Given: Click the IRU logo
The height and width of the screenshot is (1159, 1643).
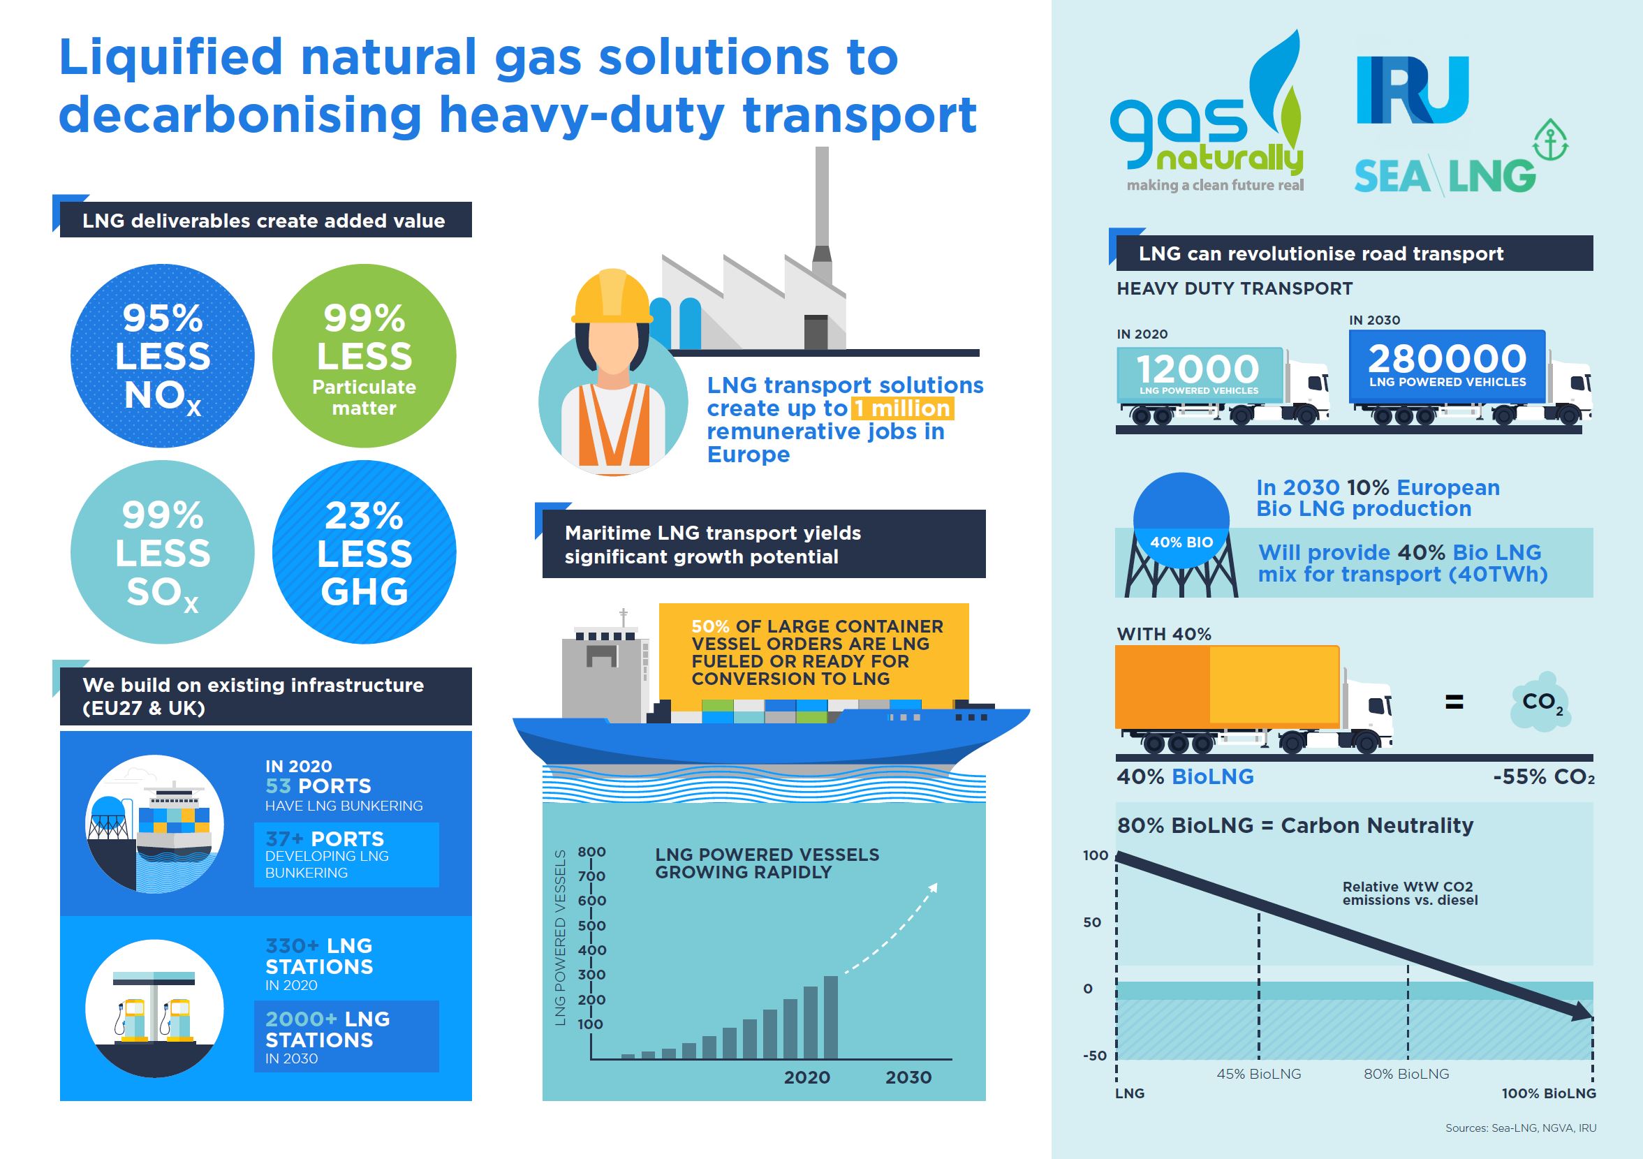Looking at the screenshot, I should tap(1413, 91).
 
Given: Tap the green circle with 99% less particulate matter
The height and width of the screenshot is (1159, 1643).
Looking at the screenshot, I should tap(364, 355).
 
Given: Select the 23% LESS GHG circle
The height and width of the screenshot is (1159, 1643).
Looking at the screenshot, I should tap(364, 552).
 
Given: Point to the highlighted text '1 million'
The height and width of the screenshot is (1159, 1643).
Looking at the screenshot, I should tap(901, 408).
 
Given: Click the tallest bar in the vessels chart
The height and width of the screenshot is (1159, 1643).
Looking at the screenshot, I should tap(831, 1016).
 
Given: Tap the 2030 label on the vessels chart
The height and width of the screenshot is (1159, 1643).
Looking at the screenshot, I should tap(908, 1077).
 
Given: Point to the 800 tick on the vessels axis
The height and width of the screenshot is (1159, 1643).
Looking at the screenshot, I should tap(591, 851).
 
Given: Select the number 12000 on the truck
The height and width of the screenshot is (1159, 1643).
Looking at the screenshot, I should tap(1198, 369).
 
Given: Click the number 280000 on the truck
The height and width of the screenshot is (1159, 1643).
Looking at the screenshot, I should tap(1447, 358).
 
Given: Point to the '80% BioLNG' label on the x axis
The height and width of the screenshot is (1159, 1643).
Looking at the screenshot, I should tap(1406, 1074).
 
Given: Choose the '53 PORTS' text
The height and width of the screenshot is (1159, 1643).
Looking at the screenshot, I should tap(318, 785).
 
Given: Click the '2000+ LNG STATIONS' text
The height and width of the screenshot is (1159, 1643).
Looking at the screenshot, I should tap(327, 1029).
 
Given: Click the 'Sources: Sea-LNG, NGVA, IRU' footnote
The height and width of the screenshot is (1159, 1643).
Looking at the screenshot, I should tap(1520, 1128).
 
